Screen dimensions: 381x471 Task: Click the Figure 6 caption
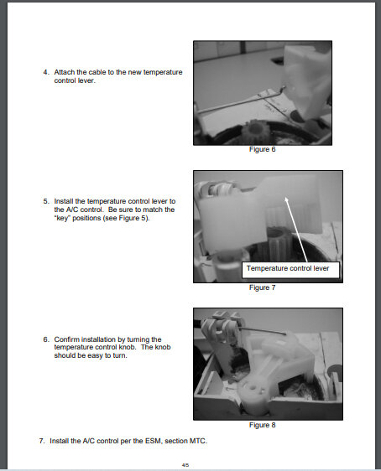tap(262, 149)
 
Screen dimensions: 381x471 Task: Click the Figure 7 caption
tap(262, 287)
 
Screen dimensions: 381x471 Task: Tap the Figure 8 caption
tap(262, 425)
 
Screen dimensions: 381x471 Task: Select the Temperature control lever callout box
tap(291, 270)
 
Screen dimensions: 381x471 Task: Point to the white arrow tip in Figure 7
tap(285, 198)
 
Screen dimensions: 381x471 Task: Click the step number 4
tap(45, 72)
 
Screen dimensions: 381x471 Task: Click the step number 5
tap(45, 201)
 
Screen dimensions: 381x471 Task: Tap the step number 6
tap(45, 339)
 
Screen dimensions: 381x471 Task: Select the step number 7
tap(42, 441)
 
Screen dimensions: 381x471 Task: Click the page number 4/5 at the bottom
tap(185, 465)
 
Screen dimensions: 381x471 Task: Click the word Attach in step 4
tap(65, 72)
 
